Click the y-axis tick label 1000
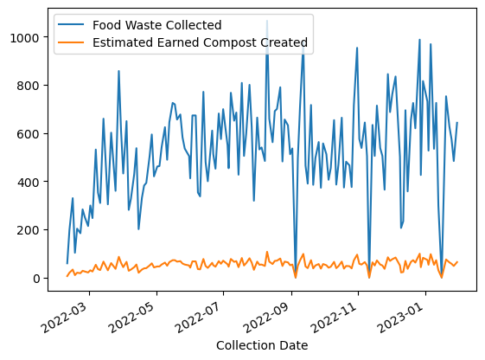tap(25, 38)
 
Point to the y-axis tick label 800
tap(29, 86)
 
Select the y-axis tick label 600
tap(29, 134)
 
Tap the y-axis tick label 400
tap(29, 183)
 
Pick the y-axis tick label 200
tap(29, 230)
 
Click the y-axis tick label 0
tap(36, 279)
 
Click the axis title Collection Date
tap(262, 345)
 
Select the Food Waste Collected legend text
tap(157, 25)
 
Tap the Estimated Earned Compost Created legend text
tap(200, 42)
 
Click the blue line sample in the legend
tap(71, 24)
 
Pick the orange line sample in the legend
tap(71, 42)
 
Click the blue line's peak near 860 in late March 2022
tap(118, 71)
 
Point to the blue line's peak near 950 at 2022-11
tap(357, 48)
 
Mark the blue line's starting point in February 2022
tap(67, 263)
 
